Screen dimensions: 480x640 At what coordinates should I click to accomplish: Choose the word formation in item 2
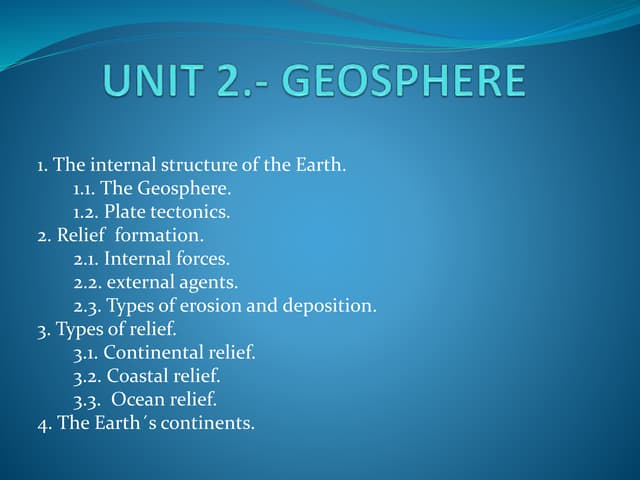click(160, 236)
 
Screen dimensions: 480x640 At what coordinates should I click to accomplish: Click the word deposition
click(330, 306)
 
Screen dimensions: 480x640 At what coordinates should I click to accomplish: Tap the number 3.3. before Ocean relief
click(86, 400)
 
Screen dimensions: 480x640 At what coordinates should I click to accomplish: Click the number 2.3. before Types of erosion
click(86, 306)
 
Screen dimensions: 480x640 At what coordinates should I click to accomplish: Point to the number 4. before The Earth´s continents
click(44, 423)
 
